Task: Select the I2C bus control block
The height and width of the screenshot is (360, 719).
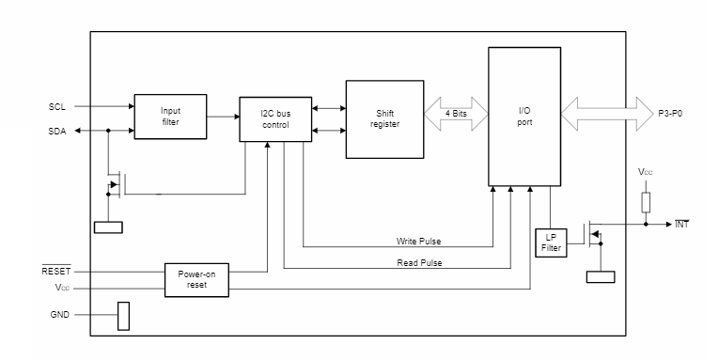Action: tap(274, 118)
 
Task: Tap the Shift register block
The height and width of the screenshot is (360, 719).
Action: tap(385, 118)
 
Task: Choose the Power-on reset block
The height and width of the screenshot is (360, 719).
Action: tap(196, 279)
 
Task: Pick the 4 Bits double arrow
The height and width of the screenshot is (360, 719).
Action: tap(457, 113)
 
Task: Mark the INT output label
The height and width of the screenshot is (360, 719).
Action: tap(682, 225)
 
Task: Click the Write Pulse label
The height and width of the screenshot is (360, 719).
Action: tap(420, 242)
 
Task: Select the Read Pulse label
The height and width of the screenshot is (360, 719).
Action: tap(420, 262)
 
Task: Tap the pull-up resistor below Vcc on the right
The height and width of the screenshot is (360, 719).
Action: tap(647, 200)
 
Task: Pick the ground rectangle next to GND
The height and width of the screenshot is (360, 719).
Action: tap(122, 316)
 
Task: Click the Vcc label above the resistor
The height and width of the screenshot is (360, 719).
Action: tap(645, 173)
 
